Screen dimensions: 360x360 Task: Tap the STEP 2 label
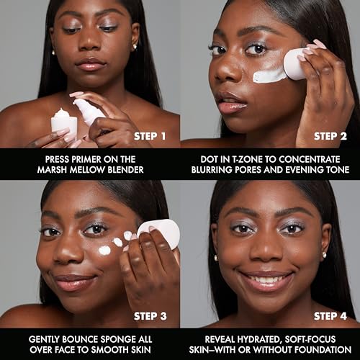coord(332,135)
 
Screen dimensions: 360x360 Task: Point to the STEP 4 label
coord(332,315)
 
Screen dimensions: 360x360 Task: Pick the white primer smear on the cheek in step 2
coord(270,73)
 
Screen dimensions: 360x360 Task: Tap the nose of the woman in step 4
coord(269,252)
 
